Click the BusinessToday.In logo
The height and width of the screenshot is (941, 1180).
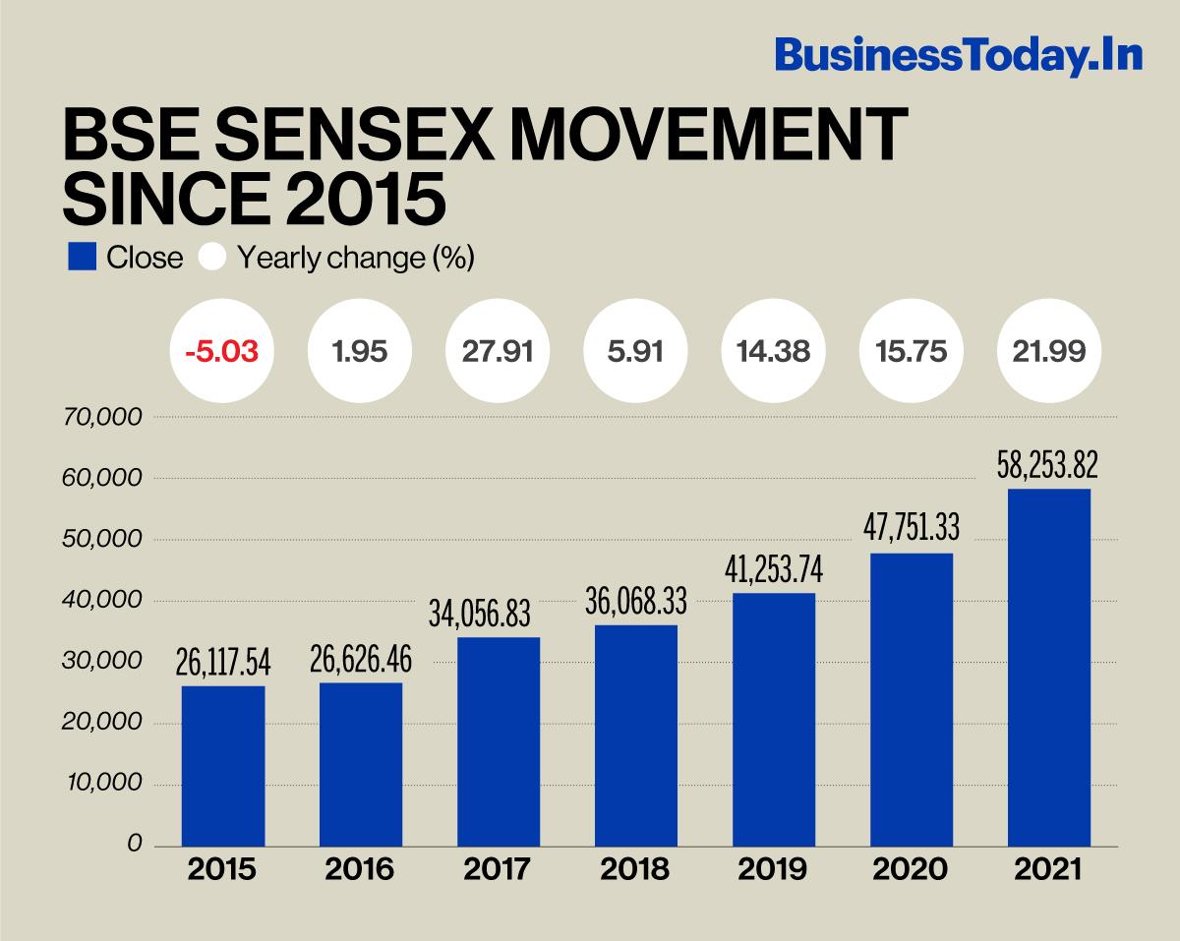pos(958,55)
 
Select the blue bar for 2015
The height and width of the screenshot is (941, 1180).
pos(223,765)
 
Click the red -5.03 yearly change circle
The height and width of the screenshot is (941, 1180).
pos(221,352)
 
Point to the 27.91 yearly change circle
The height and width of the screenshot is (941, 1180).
pos(497,352)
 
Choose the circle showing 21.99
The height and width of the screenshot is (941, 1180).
pos(1047,352)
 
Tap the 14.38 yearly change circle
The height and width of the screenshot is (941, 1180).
pos(772,352)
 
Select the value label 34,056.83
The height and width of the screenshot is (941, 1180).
pos(479,615)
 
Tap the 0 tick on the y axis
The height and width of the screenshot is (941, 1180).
pos(135,845)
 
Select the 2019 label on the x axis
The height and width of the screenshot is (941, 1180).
pos(772,870)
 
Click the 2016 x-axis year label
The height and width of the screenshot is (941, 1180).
pos(359,870)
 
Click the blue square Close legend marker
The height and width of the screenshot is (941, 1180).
pos(82,258)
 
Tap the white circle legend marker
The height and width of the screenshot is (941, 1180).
pos(212,258)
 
